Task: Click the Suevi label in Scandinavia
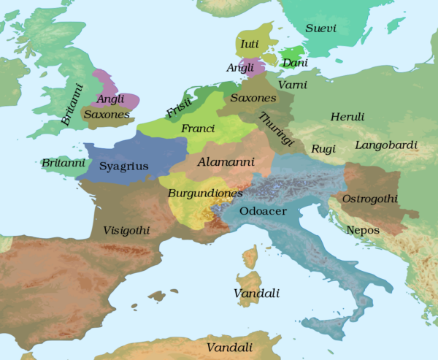click(321, 30)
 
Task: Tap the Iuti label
click(250, 45)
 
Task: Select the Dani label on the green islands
click(294, 64)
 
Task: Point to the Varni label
click(292, 85)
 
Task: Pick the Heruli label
click(347, 117)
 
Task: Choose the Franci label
click(197, 129)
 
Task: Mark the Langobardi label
click(386, 145)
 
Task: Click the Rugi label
click(323, 149)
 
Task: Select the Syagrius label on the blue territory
click(123, 166)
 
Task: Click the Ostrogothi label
click(370, 199)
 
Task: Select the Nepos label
click(364, 230)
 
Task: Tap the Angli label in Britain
click(111, 99)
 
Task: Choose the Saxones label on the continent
click(253, 98)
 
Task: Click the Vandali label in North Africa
click(230, 348)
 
